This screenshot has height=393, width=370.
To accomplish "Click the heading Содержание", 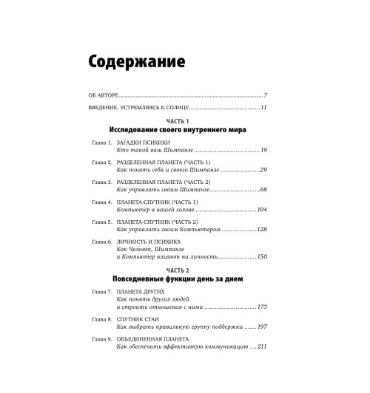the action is click(136, 61).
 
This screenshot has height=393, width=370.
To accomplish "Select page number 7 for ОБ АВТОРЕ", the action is click(265, 96).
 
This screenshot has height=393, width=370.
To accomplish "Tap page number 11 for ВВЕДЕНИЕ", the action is click(263, 109).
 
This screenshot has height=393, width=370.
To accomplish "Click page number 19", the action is click(263, 150).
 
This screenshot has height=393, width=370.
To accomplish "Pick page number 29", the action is click(263, 170).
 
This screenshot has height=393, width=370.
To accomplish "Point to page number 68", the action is click(263, 190).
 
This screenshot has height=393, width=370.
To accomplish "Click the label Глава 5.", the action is click(98, 221).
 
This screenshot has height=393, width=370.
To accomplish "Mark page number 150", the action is click(260, 256).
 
